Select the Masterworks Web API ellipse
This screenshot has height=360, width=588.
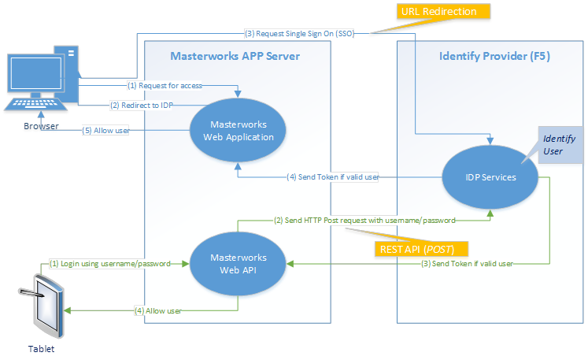click(237, 264)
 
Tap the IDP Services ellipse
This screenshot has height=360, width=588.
click(490, 177)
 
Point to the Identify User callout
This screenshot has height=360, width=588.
click(560, 145)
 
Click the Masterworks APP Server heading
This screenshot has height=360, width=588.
click(235, 56)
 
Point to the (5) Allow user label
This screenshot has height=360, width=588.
click(106, 131)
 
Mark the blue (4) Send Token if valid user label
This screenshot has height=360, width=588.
click(334, 177)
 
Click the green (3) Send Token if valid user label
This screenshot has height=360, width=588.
click(466, 264)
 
